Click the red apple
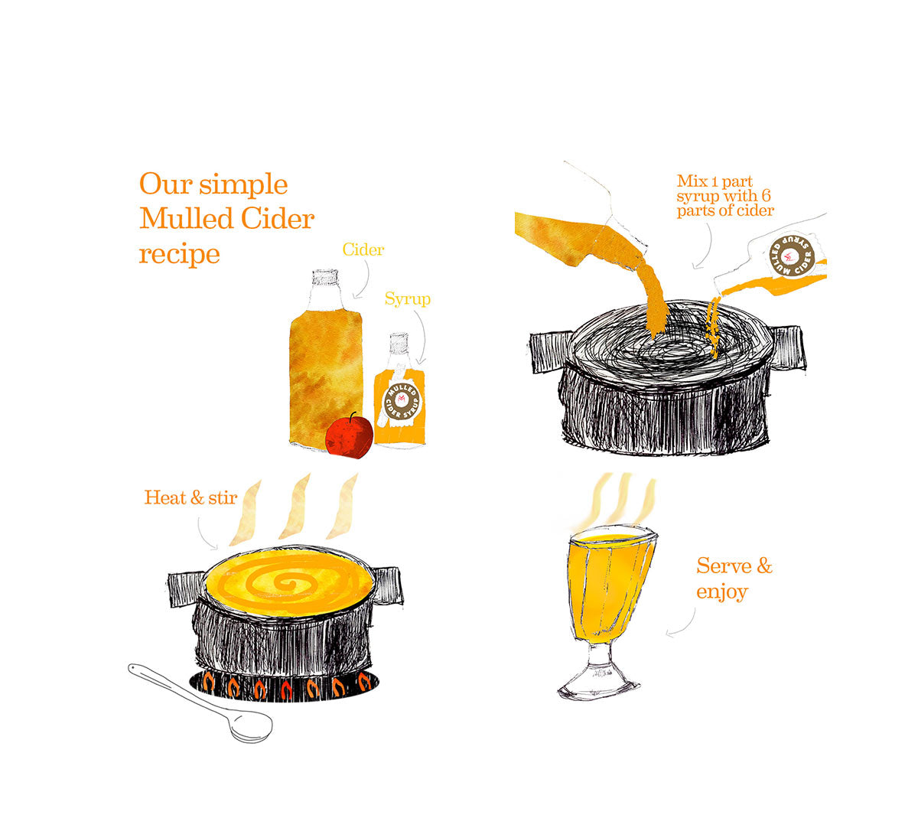[x=349, y=436]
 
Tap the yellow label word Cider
[x=363, y=250]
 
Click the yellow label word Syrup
[x=407, y=299]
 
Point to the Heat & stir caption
[x=190, y=498]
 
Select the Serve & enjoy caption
[x=733, y=579]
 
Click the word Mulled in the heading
[x=187, y=219]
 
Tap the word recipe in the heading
[x=179, y=253]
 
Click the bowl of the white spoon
[x=252, y=725]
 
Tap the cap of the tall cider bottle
[x=326, y=277]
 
